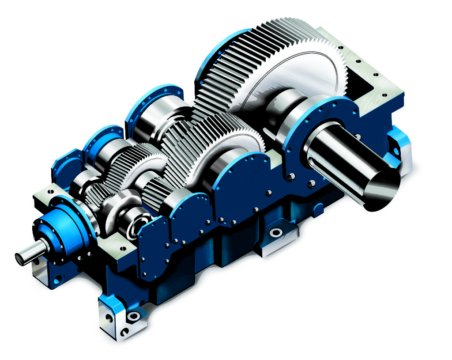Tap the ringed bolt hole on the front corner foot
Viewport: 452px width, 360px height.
pos(132,316)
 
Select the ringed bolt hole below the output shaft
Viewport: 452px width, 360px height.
pos(276,232)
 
